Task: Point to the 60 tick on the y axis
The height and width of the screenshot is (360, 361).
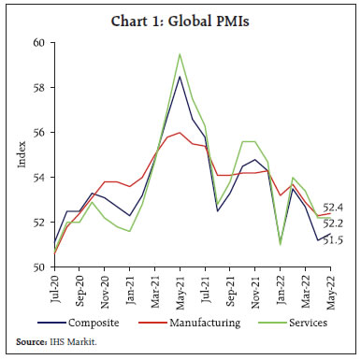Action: pyautogui.click(x=37, y=43)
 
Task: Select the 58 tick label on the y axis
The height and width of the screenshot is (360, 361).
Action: pyautogui.click(x=37, y=88)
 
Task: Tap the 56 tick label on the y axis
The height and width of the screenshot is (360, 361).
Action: pyautogui.click(x=37, y=133)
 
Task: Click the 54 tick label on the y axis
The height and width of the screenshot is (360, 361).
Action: pyautogui.click(x=37, y=178)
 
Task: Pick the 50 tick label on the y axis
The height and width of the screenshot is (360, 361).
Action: pyautogui.click(x=37, y=267)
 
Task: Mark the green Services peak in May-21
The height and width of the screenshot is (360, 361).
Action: pyautogui.click(x=179, y=54)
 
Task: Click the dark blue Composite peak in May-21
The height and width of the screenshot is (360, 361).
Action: pyautogui.click(x=179, y=77)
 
